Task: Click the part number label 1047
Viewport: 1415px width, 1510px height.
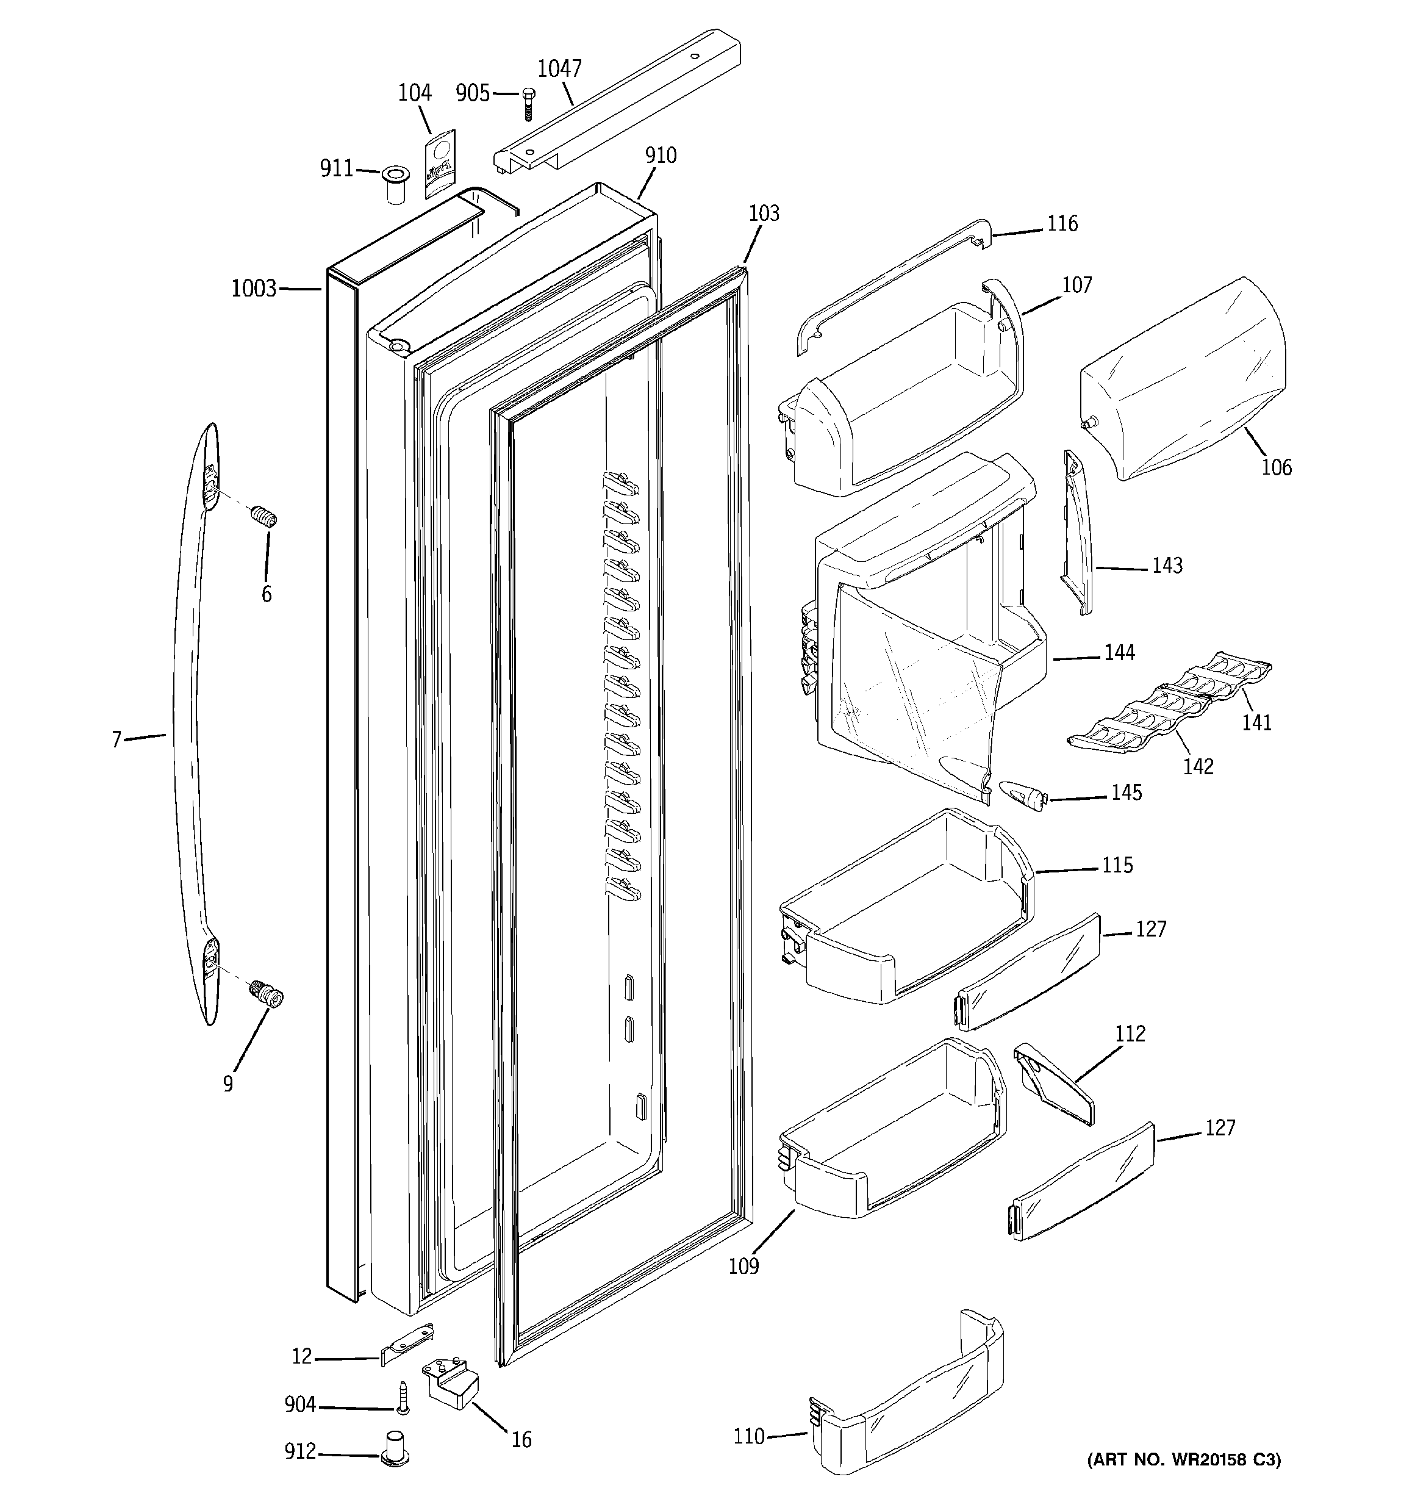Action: point(559,68)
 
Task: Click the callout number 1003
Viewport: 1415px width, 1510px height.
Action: point(254,289)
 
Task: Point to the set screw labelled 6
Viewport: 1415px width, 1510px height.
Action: point(264,518)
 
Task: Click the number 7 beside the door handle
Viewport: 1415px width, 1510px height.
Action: point(116,739)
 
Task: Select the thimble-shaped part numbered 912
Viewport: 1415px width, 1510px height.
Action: point(393,1445)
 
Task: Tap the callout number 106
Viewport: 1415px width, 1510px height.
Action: point(1276,467)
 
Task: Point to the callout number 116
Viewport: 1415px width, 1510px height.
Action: point(1062,223)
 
